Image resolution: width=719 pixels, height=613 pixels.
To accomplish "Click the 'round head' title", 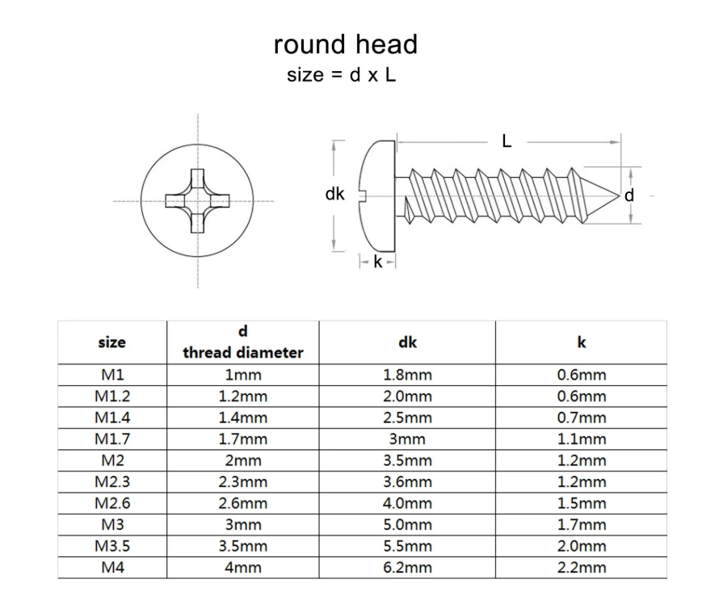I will (x=346, y=44).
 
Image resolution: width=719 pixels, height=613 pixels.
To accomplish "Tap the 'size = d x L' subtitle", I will (x=342, y=75).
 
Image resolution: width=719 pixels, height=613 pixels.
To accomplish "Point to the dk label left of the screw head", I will (x=334, y=194).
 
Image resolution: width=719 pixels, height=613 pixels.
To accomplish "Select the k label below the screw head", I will (x=377, y=262).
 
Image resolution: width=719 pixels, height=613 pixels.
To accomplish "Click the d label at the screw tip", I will (x=629, y=195).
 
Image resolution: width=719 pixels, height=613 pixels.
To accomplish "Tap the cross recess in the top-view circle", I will (x=197, y=199).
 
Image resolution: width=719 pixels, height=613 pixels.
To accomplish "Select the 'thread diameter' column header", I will (x=242, y=352).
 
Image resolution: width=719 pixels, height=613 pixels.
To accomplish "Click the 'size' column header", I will (x=111, y=342).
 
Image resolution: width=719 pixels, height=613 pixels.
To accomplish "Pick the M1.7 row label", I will (x=111, y=439).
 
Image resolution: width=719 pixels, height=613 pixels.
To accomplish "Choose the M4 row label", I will (x=111, y=567).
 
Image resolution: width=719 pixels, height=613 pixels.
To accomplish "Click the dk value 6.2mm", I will (x=407, y=567).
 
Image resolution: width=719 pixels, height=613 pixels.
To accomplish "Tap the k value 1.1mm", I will (x=581, y=439).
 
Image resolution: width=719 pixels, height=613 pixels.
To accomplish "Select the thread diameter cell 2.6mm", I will (x=242, y=503).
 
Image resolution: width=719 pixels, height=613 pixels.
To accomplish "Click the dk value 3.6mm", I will (x=407, y=481).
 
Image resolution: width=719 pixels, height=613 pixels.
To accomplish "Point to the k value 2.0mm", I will (x=581, y=546).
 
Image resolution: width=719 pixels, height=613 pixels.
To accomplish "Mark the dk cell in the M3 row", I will (x=407, y=524).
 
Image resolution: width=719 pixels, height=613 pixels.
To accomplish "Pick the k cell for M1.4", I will (x=581, y=418).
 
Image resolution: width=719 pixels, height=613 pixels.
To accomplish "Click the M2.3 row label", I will (x=111, y=481).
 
